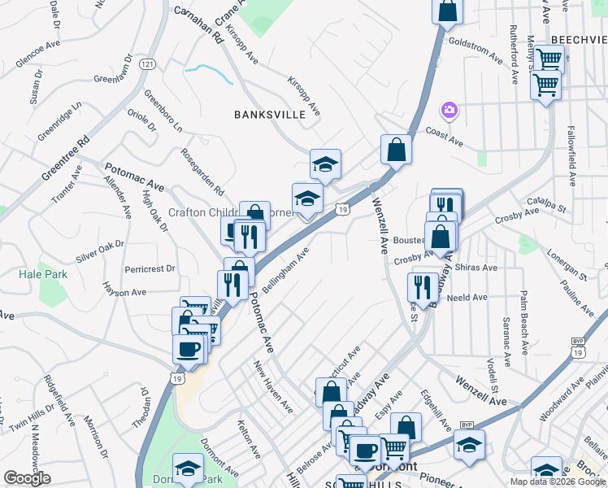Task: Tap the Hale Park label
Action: click(x=43, y=275)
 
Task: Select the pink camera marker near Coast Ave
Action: click(x=448, y=109)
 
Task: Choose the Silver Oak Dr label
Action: click(x=99, y=251)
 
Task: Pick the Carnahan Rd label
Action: click(x=198, y=24)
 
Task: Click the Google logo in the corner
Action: click(x=27, y=478)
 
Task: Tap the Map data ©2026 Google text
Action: click(x=558, y=481)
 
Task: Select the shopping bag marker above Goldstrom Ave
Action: click(x=447, y=12)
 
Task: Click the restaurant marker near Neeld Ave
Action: click(x=421, y=286)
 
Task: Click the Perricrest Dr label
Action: click(x=150, y=268)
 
